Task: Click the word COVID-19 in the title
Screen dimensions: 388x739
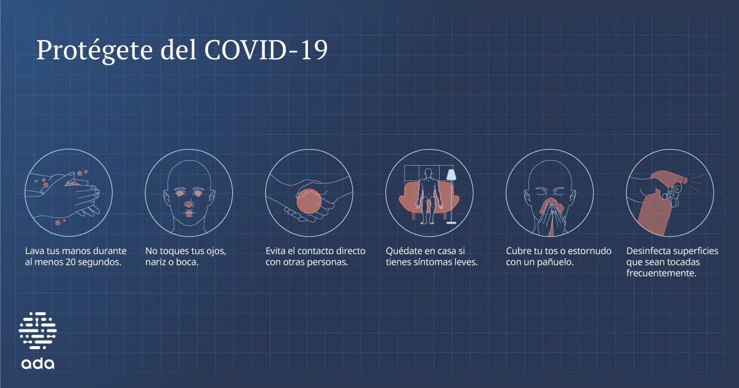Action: click(x=265, y=51)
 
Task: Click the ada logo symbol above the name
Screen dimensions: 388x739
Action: click(x=38, y=331)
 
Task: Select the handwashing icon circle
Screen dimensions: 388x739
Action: click(x=68, y=192)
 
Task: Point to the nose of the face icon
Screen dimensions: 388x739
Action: click(x=189, y=203)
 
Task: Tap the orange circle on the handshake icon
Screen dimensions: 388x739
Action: click(x=310, y=202)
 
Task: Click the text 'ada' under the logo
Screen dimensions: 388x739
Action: click(x=38, y=363)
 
